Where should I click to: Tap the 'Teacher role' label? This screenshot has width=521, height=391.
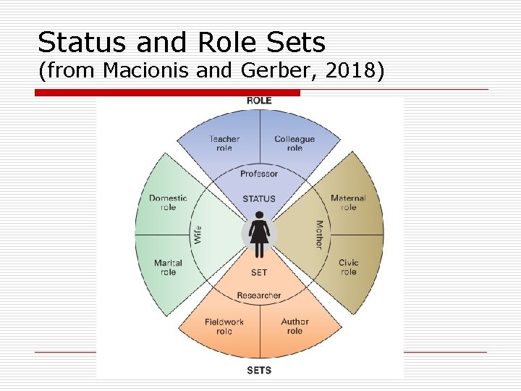click(224, 143)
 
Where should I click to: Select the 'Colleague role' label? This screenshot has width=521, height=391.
click(295, 143)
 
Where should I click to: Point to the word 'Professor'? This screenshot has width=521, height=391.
click(259, 174)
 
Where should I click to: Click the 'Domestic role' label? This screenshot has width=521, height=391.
click(168, 203)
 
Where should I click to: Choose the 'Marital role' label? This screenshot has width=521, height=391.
click(168, 267)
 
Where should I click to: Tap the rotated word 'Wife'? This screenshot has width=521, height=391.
click(197, 235)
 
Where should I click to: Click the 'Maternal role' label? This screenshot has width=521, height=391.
click(348, 203)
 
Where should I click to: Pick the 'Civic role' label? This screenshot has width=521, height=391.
click(348, 267)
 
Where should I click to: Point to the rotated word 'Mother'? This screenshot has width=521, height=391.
click(319, 235)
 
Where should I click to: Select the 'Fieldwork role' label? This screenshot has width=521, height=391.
click(224, 327)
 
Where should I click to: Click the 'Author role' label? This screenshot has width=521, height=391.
click(295, 327)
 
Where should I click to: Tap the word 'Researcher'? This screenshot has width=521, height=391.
click(259, 295)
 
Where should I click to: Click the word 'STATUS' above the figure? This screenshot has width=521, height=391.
click(259, 198)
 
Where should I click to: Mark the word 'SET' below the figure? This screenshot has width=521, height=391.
click(259, 273)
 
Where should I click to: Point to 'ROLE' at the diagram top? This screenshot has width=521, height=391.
click(259, 100)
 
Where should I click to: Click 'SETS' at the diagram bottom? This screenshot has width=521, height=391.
click(259, 370)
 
